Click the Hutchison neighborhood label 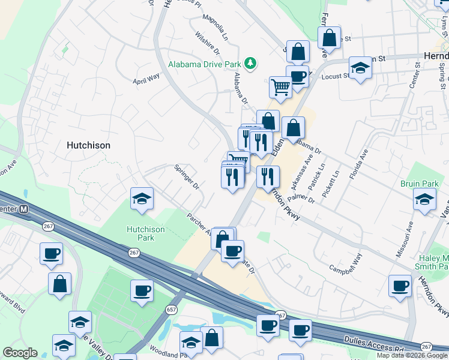pos(88,145)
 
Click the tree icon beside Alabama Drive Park pos(253,63)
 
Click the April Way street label pos(146,77)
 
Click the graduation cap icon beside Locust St pos(360,68)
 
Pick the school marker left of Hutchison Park pos(142,199)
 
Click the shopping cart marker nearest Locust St pos(280,87)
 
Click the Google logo pos(20,353)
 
